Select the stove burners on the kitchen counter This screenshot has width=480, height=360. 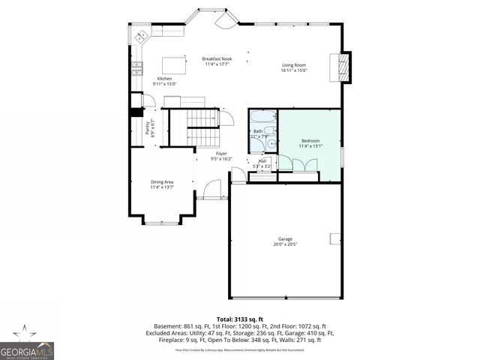pos(137,70)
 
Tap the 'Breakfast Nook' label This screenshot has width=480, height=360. pos(217,58)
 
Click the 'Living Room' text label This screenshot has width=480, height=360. pos(294,65)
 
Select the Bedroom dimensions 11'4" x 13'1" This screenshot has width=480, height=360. pos(310,146)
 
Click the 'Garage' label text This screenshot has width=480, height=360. pos(285,239)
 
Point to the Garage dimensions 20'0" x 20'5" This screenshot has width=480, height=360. pos(285,244)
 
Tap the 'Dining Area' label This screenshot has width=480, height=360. pos(162,181)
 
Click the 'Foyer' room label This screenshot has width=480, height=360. pos(221,153)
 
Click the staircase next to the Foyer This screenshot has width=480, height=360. pos(200,118)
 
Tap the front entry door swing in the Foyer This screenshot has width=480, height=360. pos(214,189)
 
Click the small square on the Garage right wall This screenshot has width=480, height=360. pos(334,238)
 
